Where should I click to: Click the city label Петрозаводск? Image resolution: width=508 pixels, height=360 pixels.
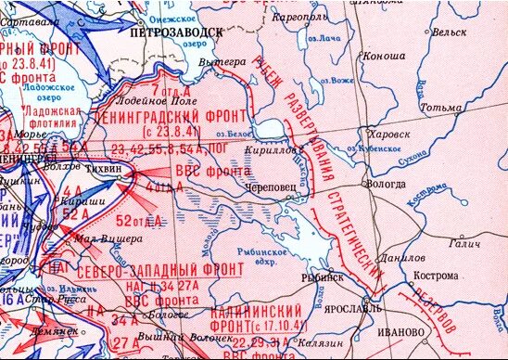pyautogui.click(x=178, y=31)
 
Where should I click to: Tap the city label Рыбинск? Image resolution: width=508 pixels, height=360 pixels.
pyautogui.click(x=324, y=276)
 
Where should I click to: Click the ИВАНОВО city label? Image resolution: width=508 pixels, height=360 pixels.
pyautogui.click(x=396, y=330)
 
